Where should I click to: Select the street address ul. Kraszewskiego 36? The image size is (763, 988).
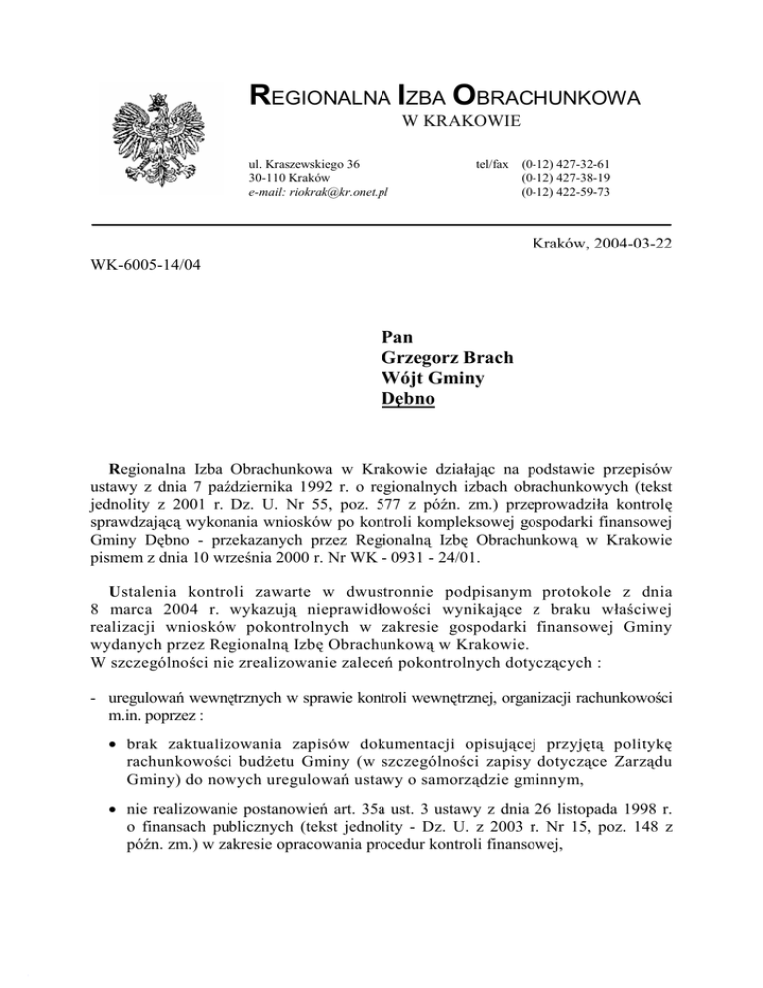[304, 162]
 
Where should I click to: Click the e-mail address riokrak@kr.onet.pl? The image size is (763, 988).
[318, 191]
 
